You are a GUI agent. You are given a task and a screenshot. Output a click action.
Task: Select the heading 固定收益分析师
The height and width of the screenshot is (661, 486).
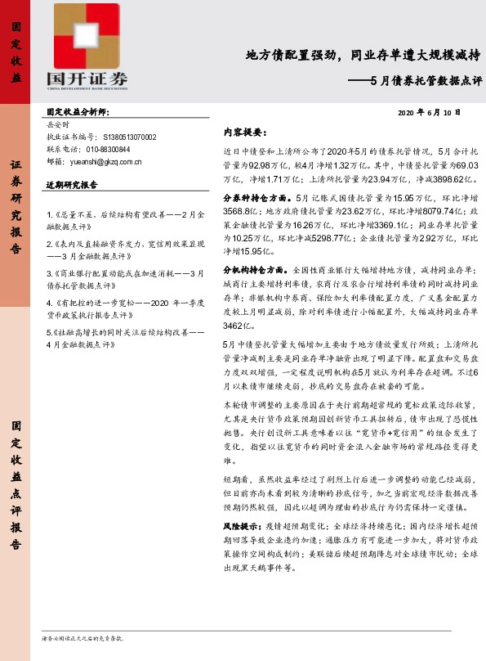78,110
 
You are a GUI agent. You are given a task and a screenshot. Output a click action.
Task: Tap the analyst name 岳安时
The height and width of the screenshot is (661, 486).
60,125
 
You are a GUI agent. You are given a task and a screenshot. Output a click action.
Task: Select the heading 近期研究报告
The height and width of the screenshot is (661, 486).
71,185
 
